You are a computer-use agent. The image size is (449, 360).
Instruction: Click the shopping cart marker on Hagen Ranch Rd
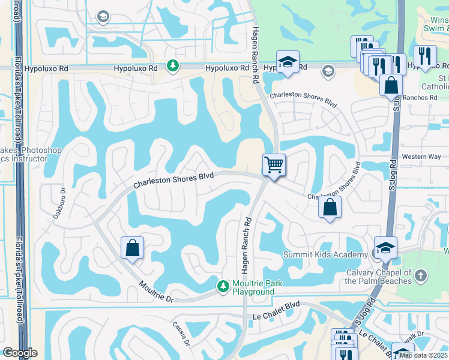pyautogui.click(x=274, y=164)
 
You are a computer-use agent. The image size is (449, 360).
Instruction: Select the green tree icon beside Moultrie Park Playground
pyautogui.click(x=223, y=287)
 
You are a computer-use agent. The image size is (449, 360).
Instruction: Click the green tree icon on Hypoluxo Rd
pyautogui.click(x=173, y=65)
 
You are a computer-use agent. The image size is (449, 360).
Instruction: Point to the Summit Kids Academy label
pyautogui.click(x=325, y=255)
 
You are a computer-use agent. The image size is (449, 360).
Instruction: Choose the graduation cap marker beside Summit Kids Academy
pyautogui.click(x=385, y=247)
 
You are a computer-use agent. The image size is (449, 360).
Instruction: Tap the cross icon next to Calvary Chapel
pyautogui.click(x=421, y=275)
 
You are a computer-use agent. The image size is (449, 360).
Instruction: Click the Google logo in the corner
pyautogui.click(x=19, y=352)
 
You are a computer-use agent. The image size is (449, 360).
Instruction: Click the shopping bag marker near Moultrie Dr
pyautogui.click(x=132, y=248)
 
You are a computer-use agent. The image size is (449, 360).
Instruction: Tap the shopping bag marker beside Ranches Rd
pyautogui.click(x=391, y=85)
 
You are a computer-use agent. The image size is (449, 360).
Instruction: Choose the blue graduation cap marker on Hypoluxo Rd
pyautogui.click(x=288, y=62)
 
